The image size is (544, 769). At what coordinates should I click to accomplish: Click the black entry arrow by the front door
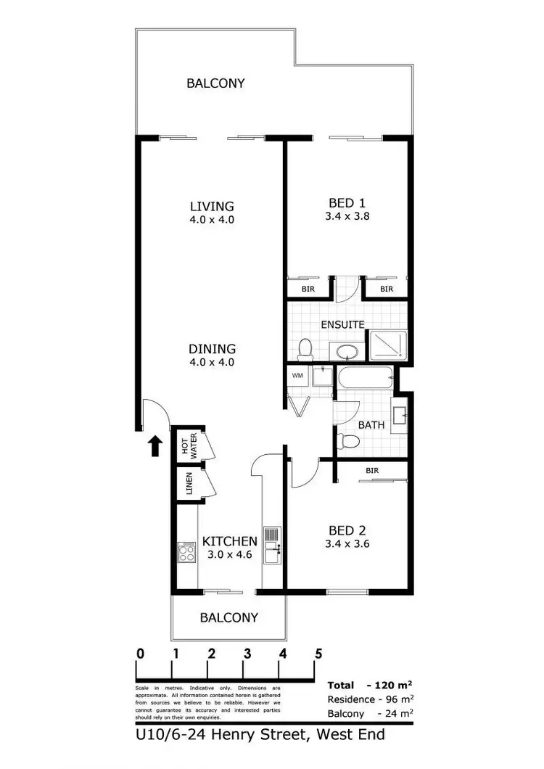click(154, 445)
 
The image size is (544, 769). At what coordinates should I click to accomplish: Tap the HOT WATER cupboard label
click(189, 443)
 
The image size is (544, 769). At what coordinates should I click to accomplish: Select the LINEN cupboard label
click(189, 482)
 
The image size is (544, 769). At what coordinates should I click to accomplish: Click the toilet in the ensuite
click(305, 350)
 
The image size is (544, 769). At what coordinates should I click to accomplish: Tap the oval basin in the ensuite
click(347, 353)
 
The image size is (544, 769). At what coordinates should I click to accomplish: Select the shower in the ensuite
click(388, 346)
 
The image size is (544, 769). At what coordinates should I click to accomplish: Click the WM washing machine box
click(297, 376)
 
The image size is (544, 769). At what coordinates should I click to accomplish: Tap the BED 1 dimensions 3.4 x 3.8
click(347, 215)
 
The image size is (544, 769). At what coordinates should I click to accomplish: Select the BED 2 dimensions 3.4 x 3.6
click(347, 543)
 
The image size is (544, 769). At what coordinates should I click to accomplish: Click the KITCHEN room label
click(230, 540)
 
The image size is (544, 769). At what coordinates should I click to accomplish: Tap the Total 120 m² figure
click(370, 686)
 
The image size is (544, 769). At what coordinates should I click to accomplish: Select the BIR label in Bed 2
click(372, 470)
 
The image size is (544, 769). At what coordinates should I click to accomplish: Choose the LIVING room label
click(212, 205)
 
